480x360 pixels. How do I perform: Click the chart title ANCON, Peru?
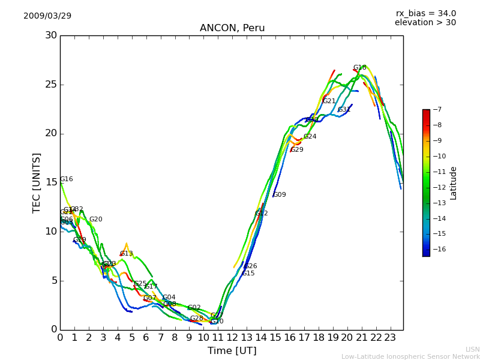click(232, 28)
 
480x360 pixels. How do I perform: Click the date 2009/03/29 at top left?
click(47, 16)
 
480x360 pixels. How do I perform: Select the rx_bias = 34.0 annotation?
click(425, 13)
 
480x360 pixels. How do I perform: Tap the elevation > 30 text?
click(425, 23)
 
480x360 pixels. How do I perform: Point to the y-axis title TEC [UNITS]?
click(37, 182)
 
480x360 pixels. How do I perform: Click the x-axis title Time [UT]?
click(232, 351)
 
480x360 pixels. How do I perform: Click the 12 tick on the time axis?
click(232, 338)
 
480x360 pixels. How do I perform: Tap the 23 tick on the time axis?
click(390, 338)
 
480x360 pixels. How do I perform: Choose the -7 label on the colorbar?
click(437, 109)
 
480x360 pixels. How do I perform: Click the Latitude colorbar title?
click(454, 183)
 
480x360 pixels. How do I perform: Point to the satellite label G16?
click(66, 179)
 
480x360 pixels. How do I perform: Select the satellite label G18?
click(359, 68)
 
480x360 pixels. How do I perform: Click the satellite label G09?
click(279, 195)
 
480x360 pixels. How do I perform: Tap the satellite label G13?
click(126, 254)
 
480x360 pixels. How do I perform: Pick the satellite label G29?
click(296, 150)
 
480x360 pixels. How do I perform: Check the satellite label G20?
click(95, 220)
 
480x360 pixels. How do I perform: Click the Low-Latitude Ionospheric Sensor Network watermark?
click(410, 356)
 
